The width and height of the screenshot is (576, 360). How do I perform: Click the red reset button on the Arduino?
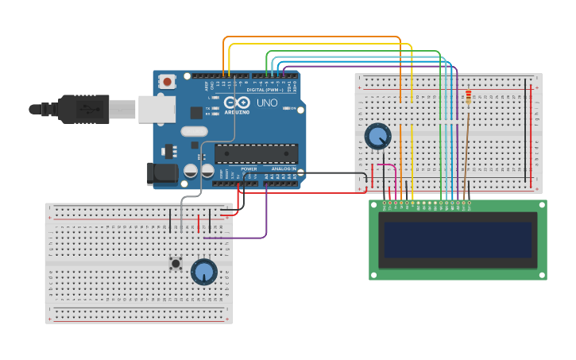coord(167,81)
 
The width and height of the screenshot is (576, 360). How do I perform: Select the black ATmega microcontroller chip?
coord(256,154)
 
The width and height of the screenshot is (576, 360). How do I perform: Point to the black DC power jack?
coord(162,174)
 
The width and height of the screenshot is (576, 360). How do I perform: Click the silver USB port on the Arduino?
coord(157,110)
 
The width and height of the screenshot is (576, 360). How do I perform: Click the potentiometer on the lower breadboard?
coord(204,272)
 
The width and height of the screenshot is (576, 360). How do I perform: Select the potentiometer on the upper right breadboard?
coord(377,137)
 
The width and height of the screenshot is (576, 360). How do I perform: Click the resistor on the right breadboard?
coord(468,97)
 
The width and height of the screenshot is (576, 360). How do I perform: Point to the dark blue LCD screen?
coord(457,239)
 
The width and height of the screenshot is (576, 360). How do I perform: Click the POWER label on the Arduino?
coord(249,168)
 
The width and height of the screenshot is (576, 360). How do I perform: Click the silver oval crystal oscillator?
coord(193,132)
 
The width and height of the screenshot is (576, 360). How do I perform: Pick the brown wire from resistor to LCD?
coord(466,151)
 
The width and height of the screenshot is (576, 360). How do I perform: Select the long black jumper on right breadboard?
coord(525,131)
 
